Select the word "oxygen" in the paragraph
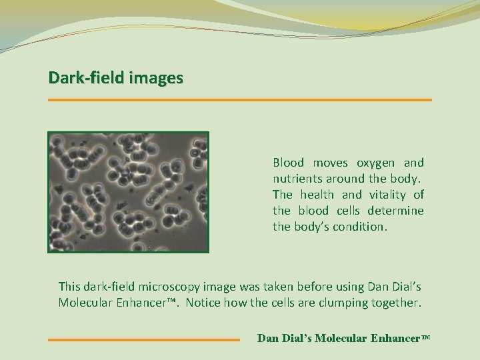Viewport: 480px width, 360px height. tap(375, 163)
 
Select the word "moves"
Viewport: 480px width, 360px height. tap(331, 163)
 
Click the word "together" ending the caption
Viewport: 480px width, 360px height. tap(397, 303)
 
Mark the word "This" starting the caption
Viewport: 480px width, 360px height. tap(69, 287)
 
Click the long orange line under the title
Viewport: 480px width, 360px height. tap(240, 100)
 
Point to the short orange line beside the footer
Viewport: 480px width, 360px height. tap(144, 339)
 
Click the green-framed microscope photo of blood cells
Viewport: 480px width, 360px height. tap(128, 192)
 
